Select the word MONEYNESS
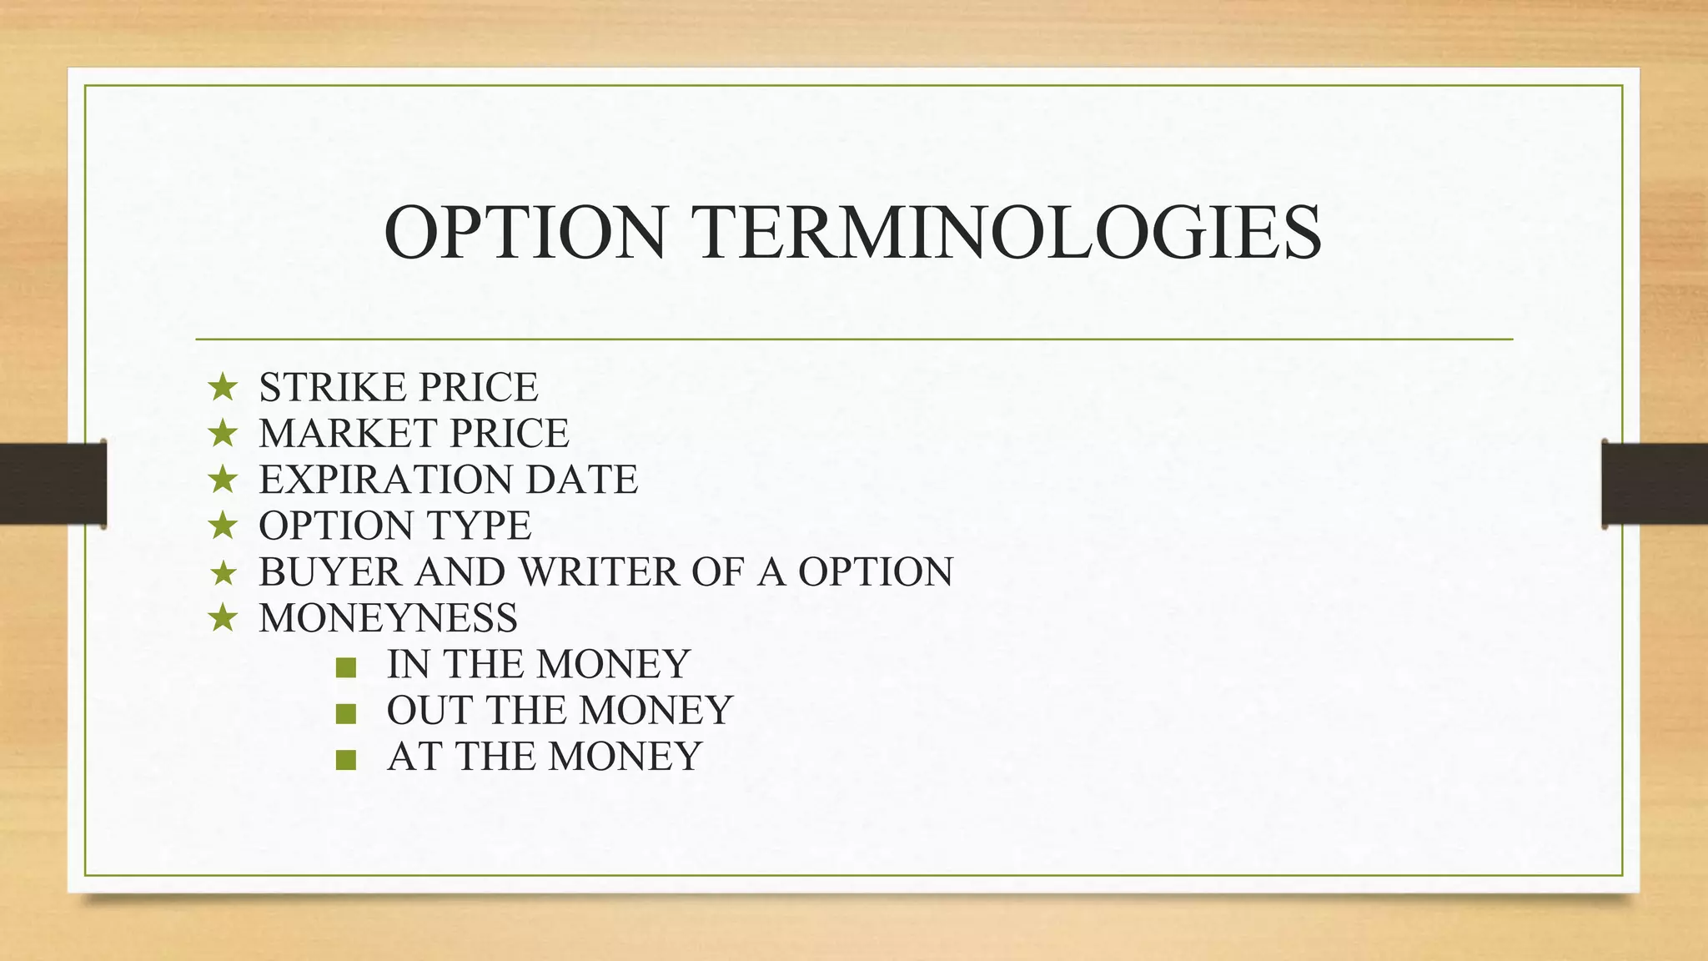[388, 618]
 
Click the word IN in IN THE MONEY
[408, 665]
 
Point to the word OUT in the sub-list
[429, 711]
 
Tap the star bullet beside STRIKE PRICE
[223, 387]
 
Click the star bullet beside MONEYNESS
[223, 618]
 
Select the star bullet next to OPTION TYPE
[223, 526]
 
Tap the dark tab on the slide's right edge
[1655, 484]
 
